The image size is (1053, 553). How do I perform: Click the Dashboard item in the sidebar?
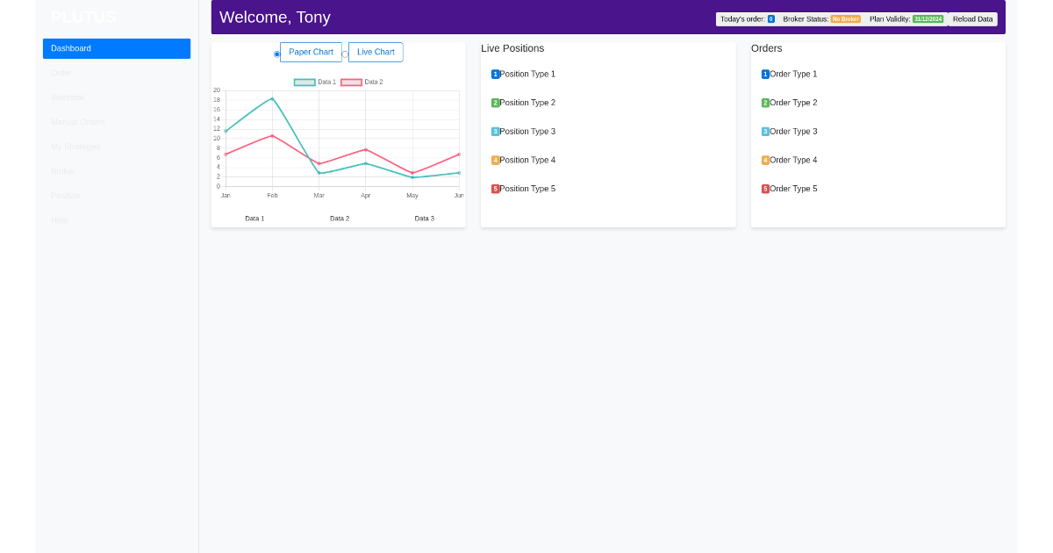pyautogui.click(x=116, y=48)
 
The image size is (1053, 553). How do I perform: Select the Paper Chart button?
pyautogui.click(x=311, y=52)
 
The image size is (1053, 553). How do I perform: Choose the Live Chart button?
pyautogui.click(x=376, y=52)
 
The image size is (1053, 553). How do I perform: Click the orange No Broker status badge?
pyautogui.click(x=845, y=19)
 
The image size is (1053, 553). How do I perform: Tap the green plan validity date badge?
pyautogui.click(x=928, y=19)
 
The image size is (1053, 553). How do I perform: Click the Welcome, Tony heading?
pyautogui.click(x=275, y=18)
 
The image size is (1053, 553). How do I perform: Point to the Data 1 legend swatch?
pyautogui.click(x=304, y=83)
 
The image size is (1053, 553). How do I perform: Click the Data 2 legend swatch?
pyautogui.click(x=351, y=83)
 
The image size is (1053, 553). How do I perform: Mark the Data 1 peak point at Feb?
pyautogui.click(x=272, y=98)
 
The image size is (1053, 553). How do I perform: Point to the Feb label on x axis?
pyautogui.click(x=272, y=196)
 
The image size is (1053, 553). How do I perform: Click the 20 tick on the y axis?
pyautogui.click(x=217, y=90)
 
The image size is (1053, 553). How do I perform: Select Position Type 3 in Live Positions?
pyautogui.click(x=526, y=132)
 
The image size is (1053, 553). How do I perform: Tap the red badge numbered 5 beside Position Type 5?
pyautogui.click(x=495, y=189)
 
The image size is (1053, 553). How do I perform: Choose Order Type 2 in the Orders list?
pyautogui.click(x=792, y=103)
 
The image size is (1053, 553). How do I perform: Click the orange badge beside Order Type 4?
pyautogui.click(x=765, y=161)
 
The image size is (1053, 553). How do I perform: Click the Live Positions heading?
pyautogui.click(x=512, y=48)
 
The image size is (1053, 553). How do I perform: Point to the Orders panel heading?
pyautogui.click(x=766, y=48)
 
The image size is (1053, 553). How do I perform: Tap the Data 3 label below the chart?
pyautogui.click(x=424, y=219)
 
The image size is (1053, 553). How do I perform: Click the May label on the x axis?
pyautogui.click(x=412, y=196)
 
